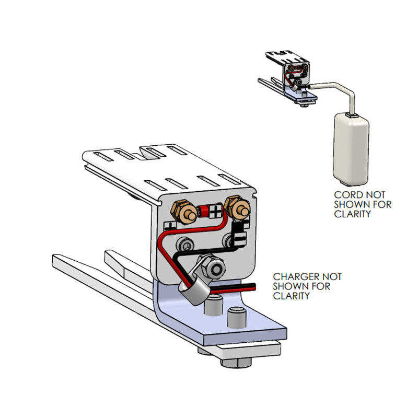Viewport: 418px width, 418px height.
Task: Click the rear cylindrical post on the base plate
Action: point(212,306)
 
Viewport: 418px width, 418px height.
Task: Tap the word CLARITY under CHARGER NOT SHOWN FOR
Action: point(292,296)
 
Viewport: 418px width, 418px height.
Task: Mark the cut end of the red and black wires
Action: point(255,287)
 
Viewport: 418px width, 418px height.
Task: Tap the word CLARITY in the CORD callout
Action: point(354,214)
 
